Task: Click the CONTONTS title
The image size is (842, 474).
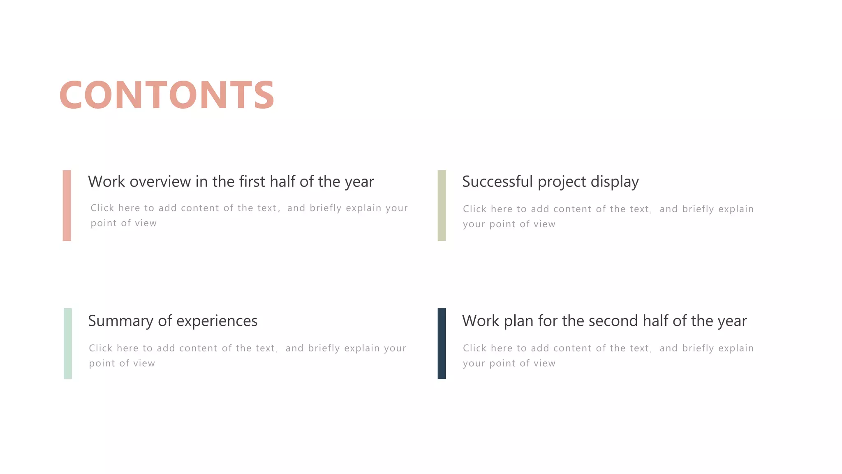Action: pos(167,95)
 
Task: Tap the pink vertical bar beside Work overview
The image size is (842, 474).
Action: pos(67,205)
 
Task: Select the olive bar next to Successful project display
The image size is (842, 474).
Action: pos(442,205)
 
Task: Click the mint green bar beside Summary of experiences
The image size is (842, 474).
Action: pos(68,343)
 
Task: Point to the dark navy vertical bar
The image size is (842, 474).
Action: pos(442,343)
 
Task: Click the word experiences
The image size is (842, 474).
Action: pos(217,321)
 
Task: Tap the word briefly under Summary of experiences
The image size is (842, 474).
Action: pos(324,349)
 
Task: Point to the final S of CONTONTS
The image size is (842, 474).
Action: pos(264,95)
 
